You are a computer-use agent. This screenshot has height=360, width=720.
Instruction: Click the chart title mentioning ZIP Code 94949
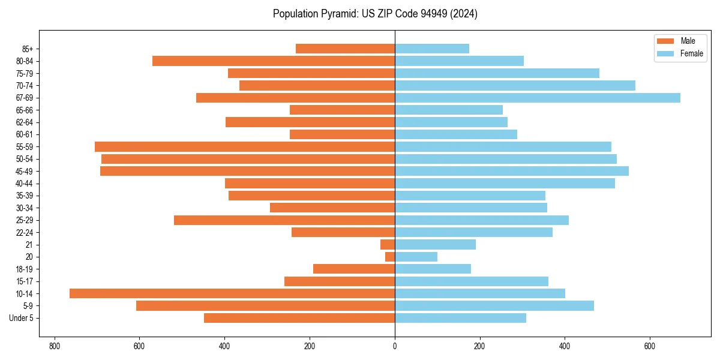pos(375,14)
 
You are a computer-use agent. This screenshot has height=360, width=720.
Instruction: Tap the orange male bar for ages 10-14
pos(232,293)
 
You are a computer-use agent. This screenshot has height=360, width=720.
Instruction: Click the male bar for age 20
pos(390,257)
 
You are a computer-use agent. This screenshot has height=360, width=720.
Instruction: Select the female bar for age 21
pos(435,244)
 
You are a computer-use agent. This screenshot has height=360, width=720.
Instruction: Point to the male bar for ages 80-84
pos(274,61)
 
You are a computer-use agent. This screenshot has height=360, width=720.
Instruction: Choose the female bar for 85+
pos(432,49)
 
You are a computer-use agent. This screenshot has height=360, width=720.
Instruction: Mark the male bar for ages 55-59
pos(245,146)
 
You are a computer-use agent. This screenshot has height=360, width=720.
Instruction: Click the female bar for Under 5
pos(460,318)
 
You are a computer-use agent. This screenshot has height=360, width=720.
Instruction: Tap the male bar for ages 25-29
pos(284,220)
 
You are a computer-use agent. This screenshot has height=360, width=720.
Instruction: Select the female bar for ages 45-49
pos(512,171)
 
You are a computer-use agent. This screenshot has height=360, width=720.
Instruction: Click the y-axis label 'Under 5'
pos(21,318)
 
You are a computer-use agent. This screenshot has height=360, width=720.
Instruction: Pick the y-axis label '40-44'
pos(24,184)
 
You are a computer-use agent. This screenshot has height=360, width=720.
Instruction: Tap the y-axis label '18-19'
pos(24,269)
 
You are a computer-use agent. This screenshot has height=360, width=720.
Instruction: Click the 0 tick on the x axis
pos(395,346)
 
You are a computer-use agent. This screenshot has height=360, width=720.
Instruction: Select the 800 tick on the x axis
pos(55,346)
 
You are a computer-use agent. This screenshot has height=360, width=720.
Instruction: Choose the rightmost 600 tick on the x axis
pos(649,346)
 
